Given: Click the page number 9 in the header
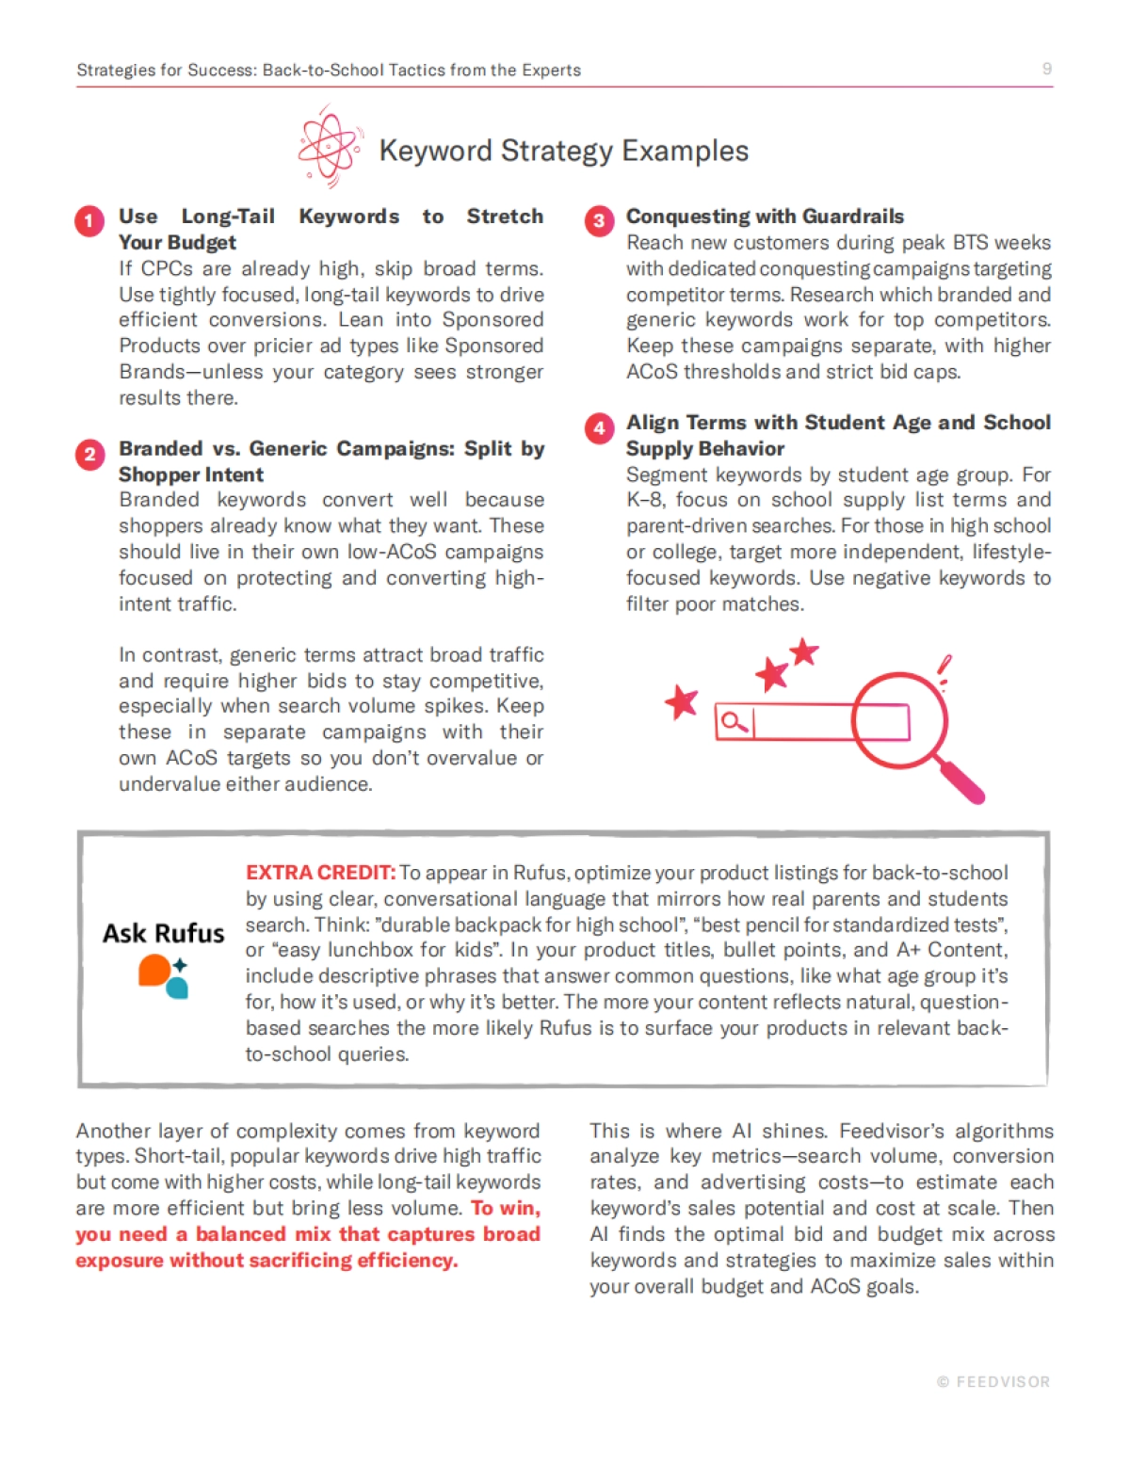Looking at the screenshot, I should tap(1046, 69).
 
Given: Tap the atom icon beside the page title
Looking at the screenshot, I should tap(329, 146).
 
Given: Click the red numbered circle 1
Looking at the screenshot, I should tap(89, 221).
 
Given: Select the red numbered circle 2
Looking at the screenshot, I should tap(89, 455).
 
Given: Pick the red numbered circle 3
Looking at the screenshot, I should tap(599, 221).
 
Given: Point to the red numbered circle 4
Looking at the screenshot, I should tap(599, 428).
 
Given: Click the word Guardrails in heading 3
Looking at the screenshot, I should tap(853, 217).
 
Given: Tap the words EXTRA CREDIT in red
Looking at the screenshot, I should tap(320, 873).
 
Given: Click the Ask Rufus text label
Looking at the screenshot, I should tap(164, 933).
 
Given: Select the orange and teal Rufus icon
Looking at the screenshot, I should tap(164, 974).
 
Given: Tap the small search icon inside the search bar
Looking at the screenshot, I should tap(734, 722).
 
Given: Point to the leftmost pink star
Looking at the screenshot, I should tap(682, 702).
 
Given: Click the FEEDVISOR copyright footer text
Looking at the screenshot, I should tap(993, 1382).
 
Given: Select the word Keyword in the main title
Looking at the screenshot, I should tap(435, 151).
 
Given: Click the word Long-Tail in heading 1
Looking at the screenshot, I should tap(228, 217).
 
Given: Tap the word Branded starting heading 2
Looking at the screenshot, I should tap(160, 449).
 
